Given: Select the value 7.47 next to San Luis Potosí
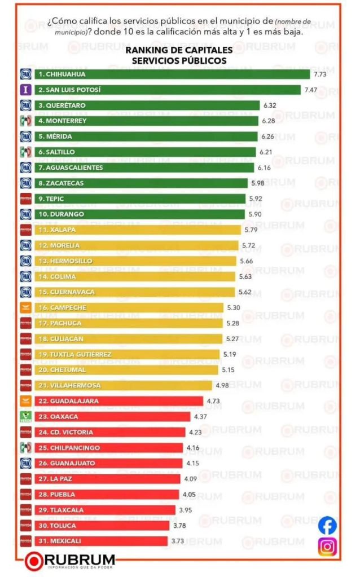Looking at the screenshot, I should click(311, 90).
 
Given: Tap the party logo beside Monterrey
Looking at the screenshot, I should click(25, 121).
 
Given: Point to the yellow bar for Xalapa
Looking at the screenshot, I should click(138, 230).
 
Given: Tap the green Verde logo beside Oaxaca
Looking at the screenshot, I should click(25, 417).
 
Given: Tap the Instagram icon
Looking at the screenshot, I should click(327, 547).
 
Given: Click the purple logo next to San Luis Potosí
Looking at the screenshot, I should click(25, 90).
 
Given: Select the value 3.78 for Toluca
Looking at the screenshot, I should click(179, 526).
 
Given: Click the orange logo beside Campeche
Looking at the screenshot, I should click(25, 308).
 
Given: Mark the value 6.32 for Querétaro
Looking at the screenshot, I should click(269, 105).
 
